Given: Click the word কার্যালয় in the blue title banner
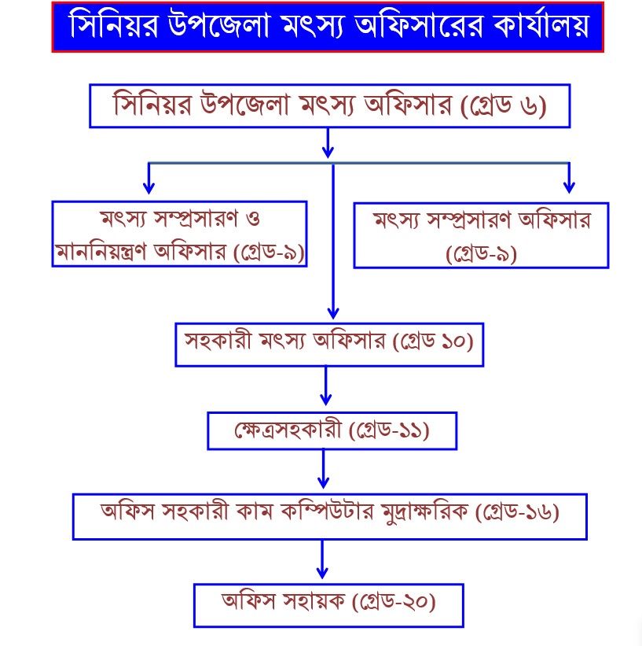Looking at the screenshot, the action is pos(541,24).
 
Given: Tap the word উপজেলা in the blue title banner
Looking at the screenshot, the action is pos(218,25).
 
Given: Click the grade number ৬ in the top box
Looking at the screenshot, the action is pos(529,106).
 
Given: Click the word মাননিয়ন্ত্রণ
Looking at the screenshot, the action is pos(101,251).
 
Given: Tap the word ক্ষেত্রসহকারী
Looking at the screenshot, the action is pos(288,430).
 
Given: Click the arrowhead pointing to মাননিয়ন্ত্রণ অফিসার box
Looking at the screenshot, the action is pos(149,188).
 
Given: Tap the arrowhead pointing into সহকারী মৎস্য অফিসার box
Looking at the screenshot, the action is pos(333,314).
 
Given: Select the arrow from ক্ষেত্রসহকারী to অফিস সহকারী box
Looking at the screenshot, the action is pos(324,469).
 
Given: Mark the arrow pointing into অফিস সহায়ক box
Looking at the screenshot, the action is pos(322,559).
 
